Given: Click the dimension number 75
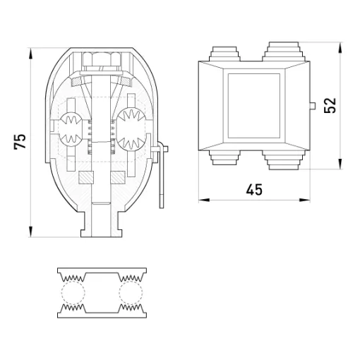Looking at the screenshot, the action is [20, 142].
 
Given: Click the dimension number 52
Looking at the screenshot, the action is [330, 105].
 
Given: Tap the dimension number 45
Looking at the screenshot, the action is [254, 190].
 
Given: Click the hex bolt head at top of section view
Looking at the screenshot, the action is [102, 59].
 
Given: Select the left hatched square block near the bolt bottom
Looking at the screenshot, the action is [86, 177].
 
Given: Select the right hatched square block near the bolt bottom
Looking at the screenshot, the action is [118, 177].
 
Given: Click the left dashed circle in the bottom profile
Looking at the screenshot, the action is [73, 292].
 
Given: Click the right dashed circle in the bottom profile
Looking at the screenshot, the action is [131, 292].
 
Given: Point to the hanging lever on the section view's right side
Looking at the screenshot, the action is [161, 174].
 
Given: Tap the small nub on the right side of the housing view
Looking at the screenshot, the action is [313, 106].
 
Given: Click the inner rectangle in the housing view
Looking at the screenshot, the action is [254, 106].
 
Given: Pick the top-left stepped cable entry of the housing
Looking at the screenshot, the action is [224, 54].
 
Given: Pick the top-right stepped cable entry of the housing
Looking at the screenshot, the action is [284, 52].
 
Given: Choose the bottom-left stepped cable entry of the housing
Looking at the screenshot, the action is [224, 157].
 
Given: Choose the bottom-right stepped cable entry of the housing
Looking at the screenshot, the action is [284, 160].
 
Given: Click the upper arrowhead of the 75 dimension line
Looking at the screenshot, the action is [31, 54].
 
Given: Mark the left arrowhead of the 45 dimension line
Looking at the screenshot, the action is [204, 200].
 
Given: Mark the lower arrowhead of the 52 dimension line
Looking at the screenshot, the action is [340, 164].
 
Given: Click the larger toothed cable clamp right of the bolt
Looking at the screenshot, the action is [131, 129].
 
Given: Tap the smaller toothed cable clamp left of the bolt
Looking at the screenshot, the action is [71, 128].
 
